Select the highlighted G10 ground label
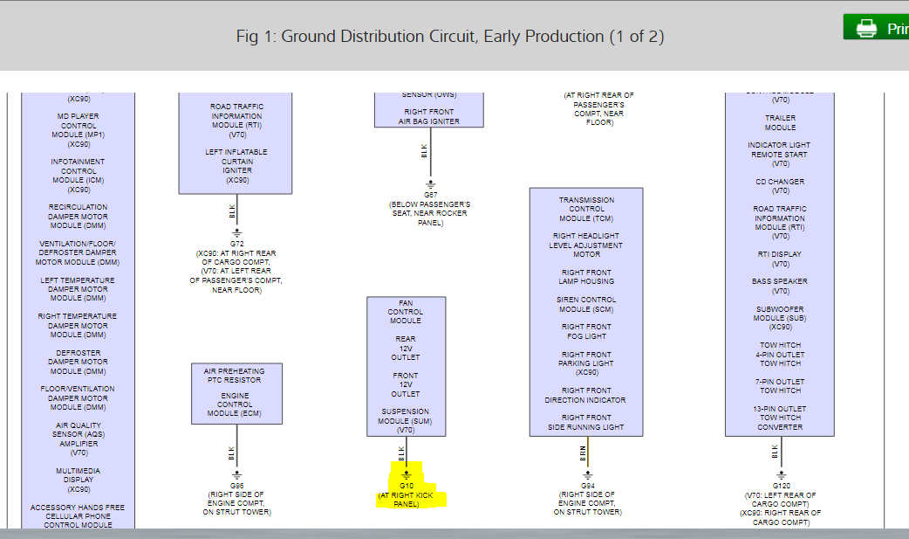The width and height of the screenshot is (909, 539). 406,485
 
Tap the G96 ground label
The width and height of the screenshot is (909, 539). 236,485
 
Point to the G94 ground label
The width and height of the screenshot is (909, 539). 588,485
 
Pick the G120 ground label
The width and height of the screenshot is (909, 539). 781,485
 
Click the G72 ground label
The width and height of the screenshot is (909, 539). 236,244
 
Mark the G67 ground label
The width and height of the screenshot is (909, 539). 430,195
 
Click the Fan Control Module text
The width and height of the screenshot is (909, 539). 406,312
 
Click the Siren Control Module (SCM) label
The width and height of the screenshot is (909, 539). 586,304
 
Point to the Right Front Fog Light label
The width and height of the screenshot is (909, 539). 586,331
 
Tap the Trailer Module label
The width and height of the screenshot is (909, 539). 780,122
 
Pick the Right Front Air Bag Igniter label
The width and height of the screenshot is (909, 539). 429,116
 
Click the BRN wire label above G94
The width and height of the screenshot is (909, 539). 584,453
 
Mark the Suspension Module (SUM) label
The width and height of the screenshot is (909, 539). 406,420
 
